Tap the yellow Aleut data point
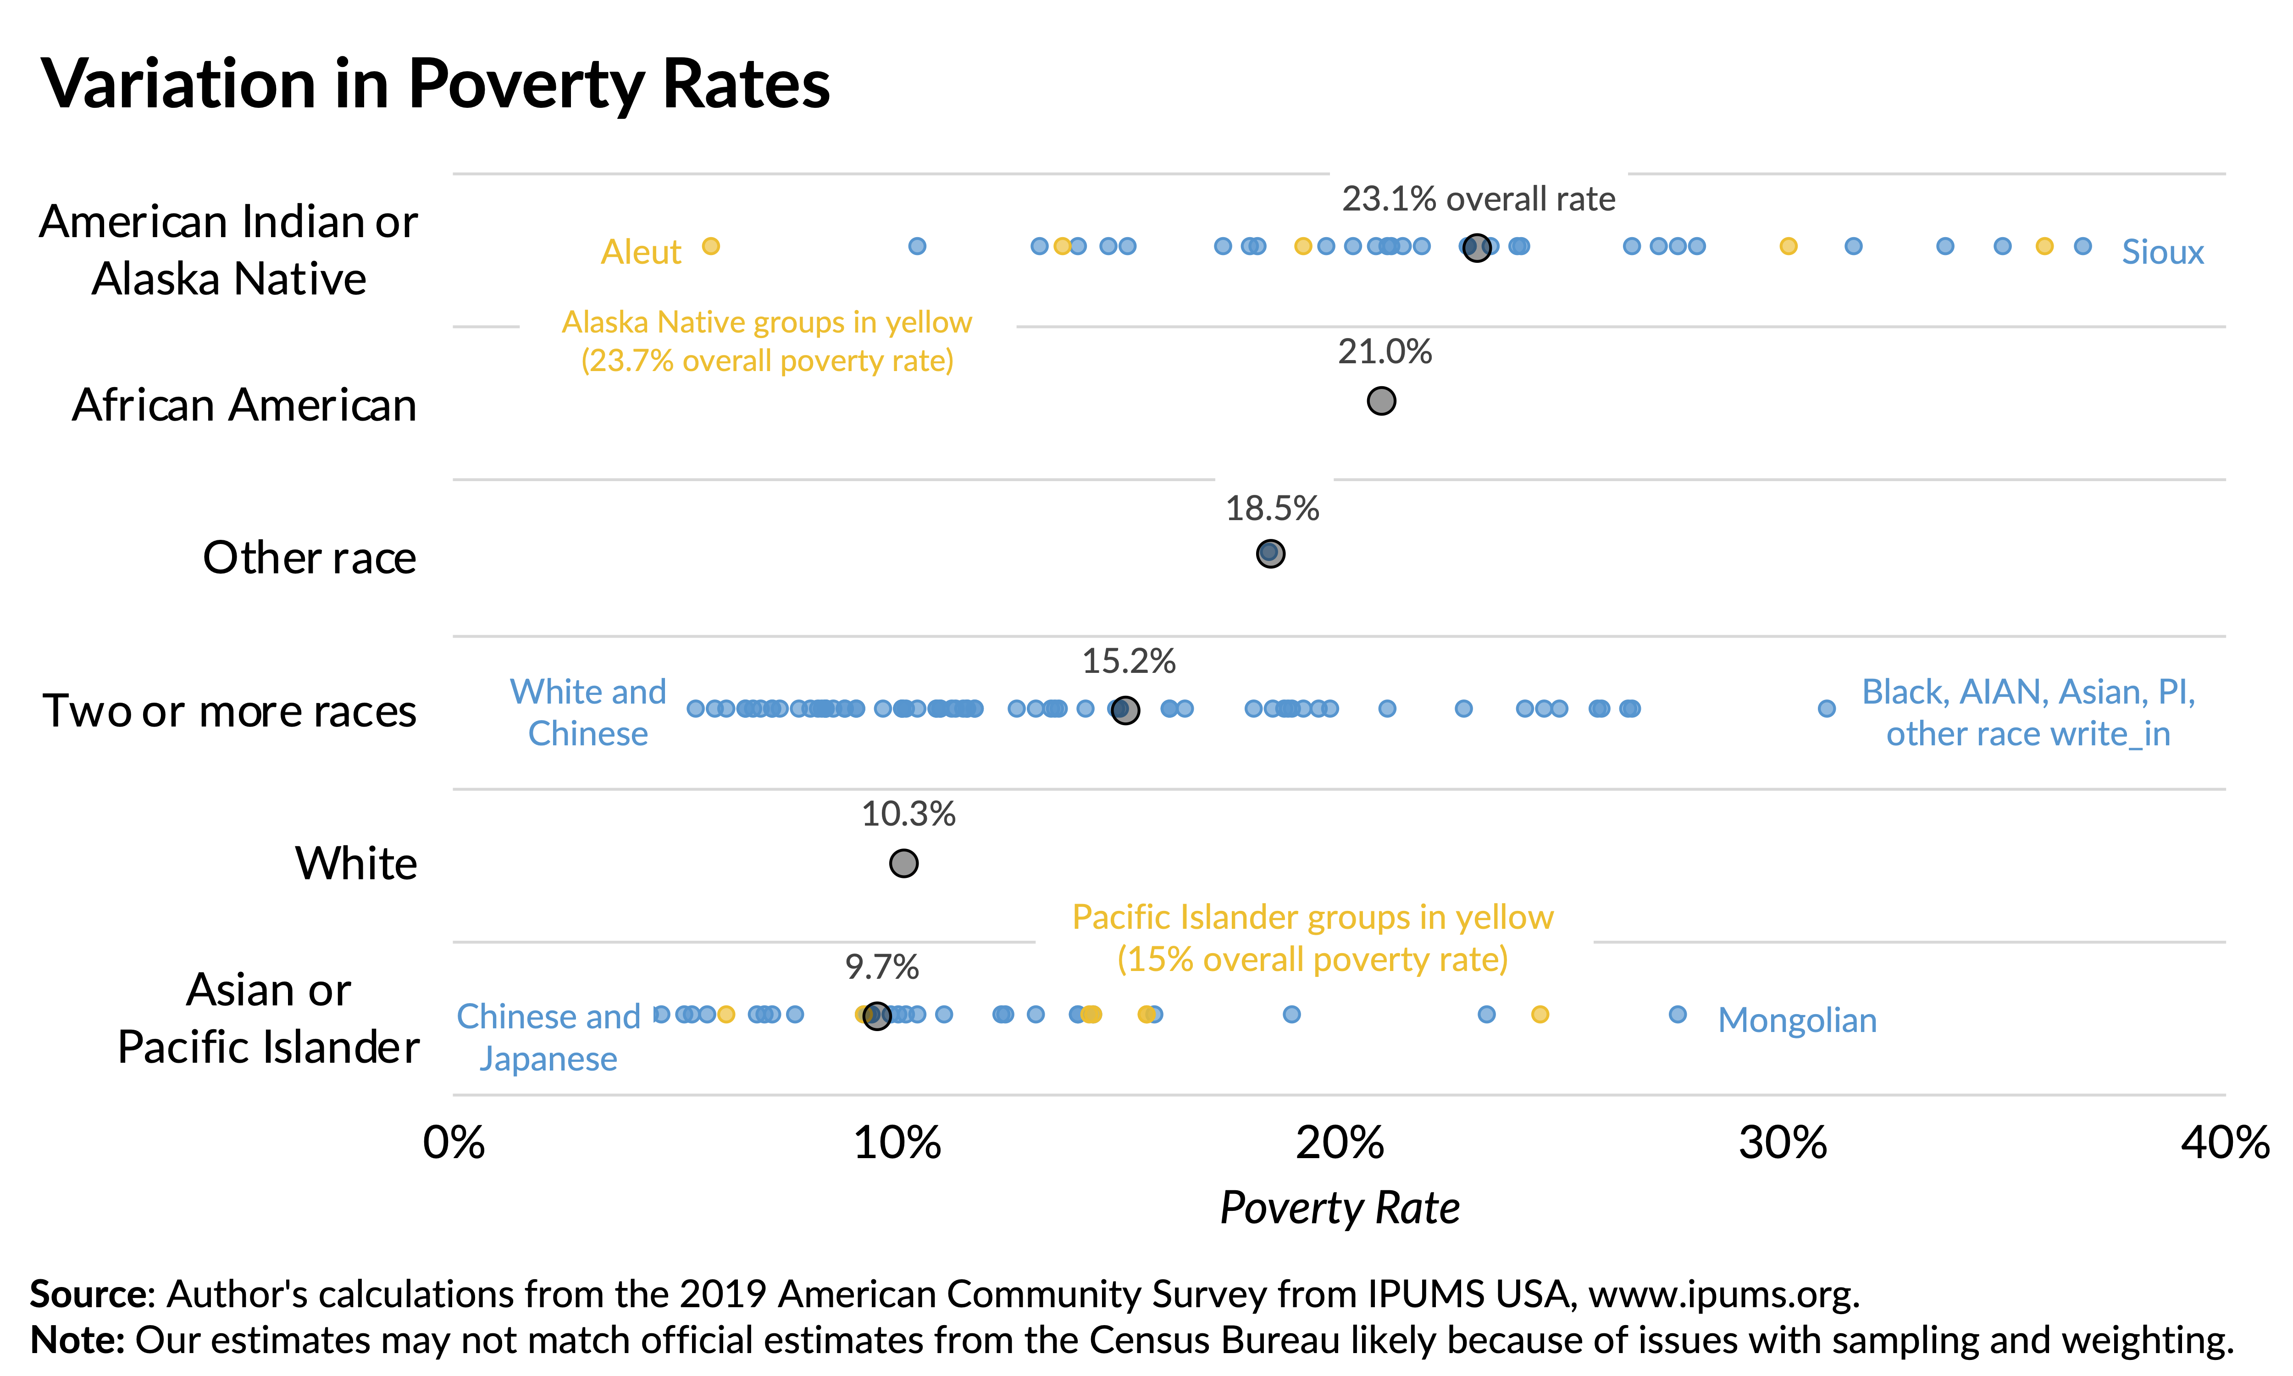[711, 246]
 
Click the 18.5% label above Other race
[1272, 508]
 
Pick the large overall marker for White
[903, 863]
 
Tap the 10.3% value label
[908, 814]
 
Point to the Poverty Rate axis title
[1339, 1207]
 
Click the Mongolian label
[1797, 1020]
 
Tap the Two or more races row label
[230, 711]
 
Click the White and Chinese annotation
[587, 712]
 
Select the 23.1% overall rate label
[1479, 199]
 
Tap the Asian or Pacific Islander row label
[269, 1018]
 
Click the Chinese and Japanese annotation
[548, 1037]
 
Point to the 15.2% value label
[1129, 661]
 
